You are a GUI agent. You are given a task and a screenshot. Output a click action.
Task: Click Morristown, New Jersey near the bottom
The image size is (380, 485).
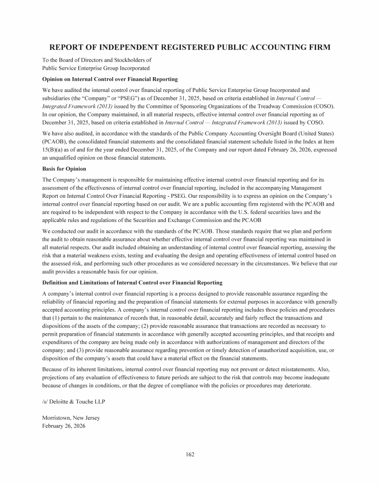pos(71,418)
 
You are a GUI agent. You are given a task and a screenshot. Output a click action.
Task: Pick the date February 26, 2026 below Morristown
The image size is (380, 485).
pos(64,426)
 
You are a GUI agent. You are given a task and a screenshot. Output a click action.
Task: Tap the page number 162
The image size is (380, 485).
pos(190,454)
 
